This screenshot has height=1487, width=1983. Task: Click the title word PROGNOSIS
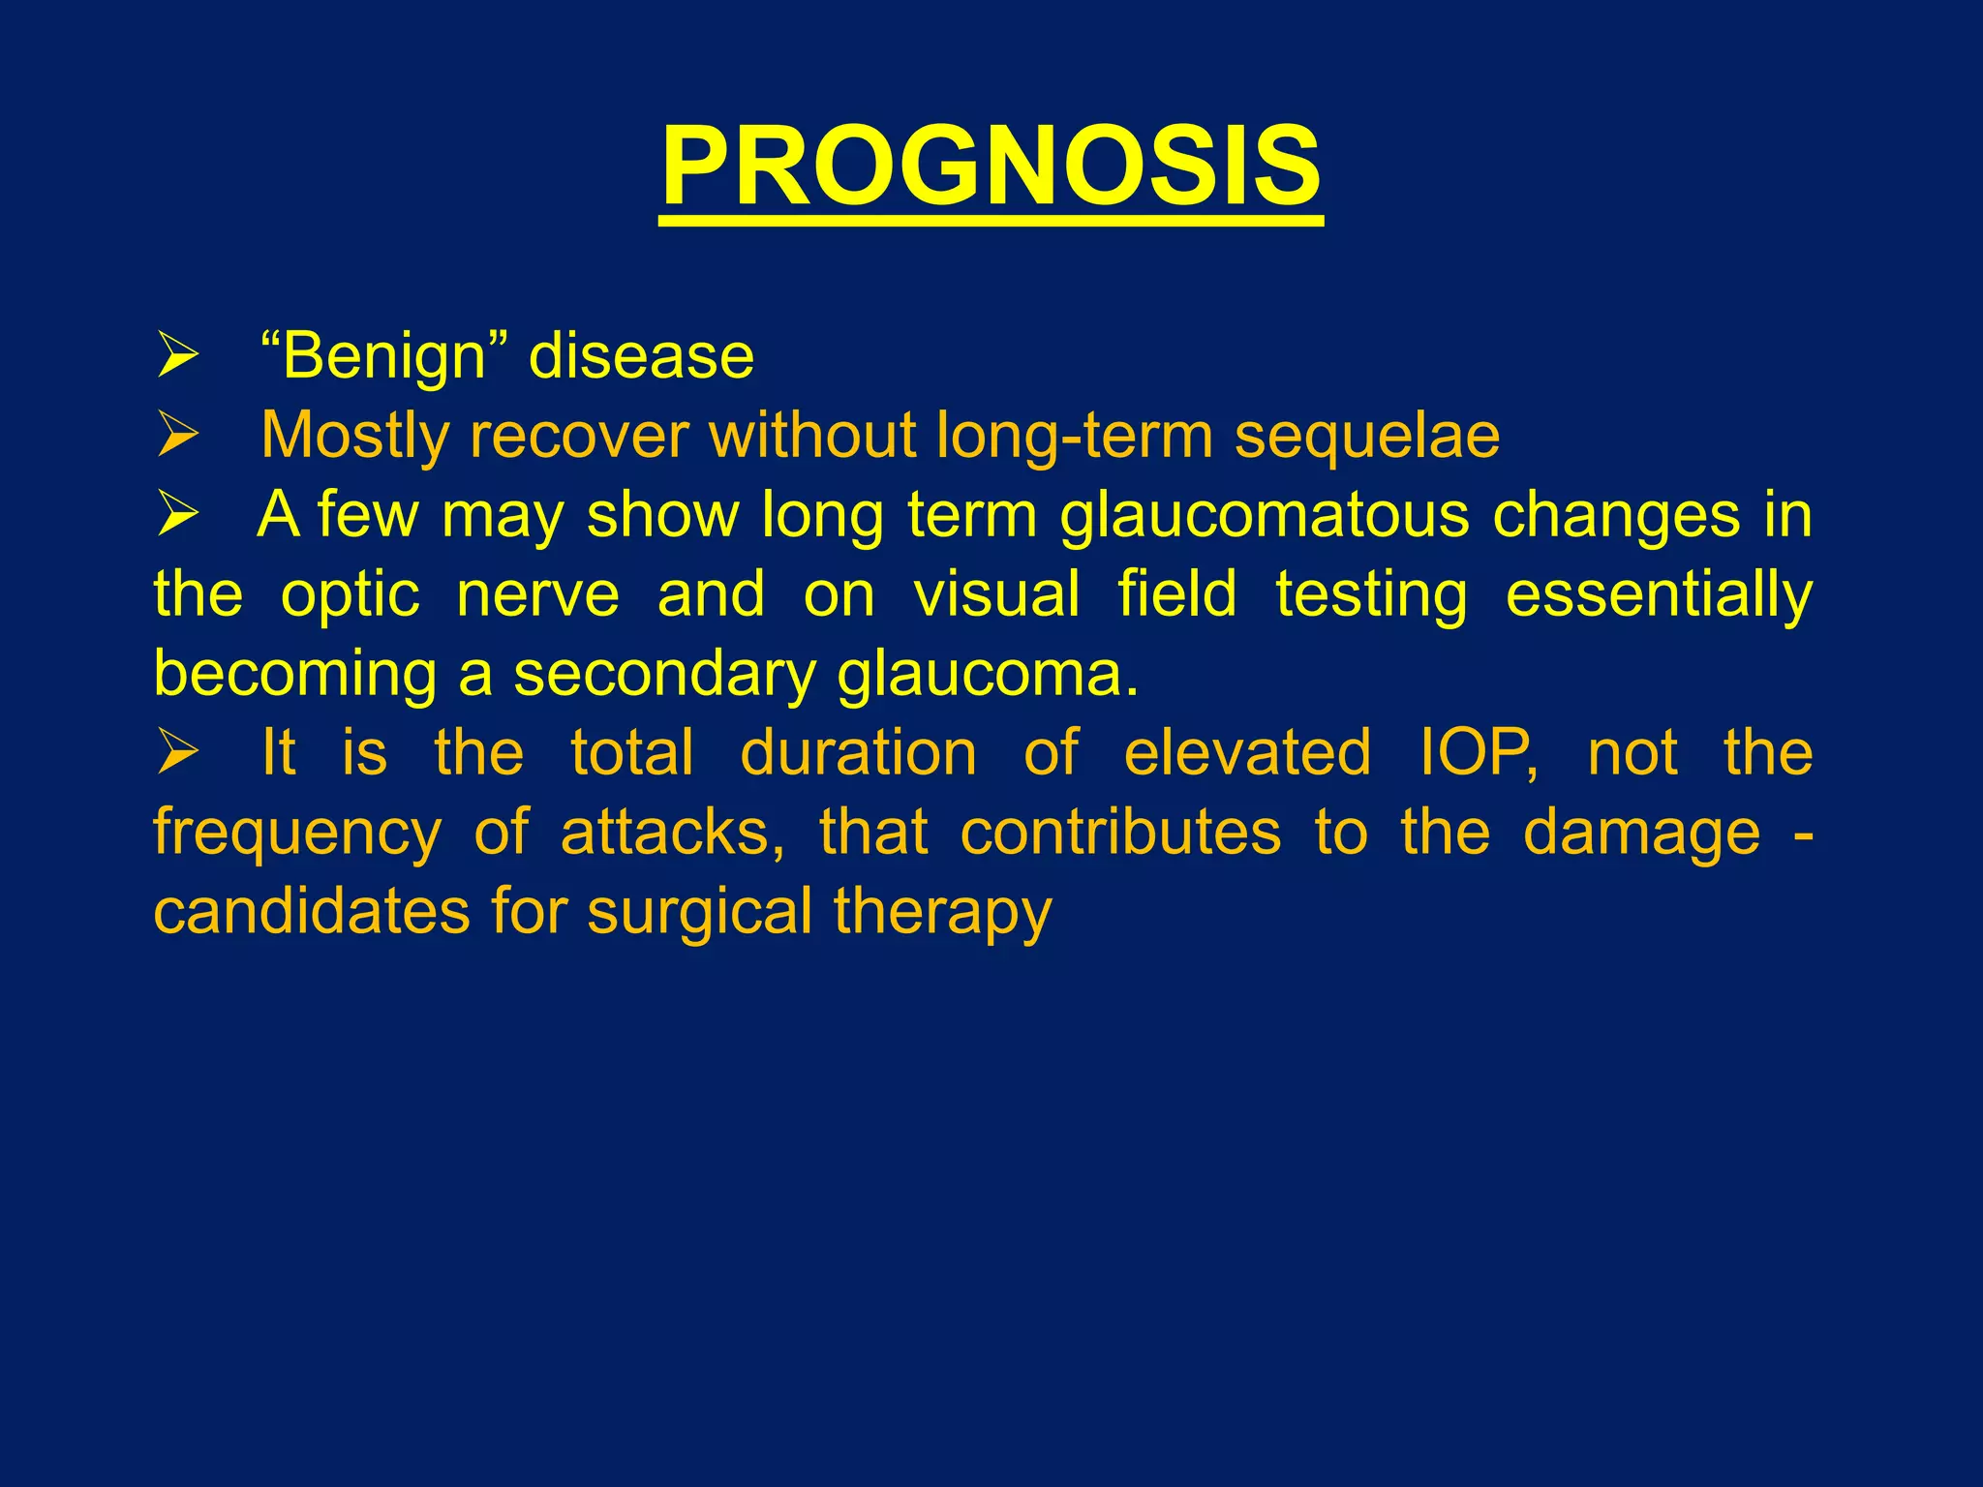pyautogui.click(x=991, y=167)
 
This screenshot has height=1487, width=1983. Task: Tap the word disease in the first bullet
pyautogui.click(x=641, y=356)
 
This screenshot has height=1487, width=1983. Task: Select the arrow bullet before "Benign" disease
pyautogui.click(x=178, y=357)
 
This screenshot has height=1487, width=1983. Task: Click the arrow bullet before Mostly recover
pyautogui.click(x=178, y=436)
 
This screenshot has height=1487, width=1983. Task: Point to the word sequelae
pyautogui.click(x=1366, y=436)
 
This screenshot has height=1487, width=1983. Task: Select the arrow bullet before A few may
pyautogui.click(x=178, y=515)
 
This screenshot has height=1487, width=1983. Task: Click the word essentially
pyautogui.click(x=1659, y=595)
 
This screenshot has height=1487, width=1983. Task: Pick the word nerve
pyautogui.click(x=537, y=593)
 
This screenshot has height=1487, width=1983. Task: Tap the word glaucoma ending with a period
pyautogui.click(x=988, y=675)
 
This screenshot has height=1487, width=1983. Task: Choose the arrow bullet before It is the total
pyautogui.click(x=178, y=752)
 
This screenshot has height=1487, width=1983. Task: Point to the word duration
pyautogui.click(x=859, y=752)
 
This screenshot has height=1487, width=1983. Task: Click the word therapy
pyautogui.click(x=942, y=913)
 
